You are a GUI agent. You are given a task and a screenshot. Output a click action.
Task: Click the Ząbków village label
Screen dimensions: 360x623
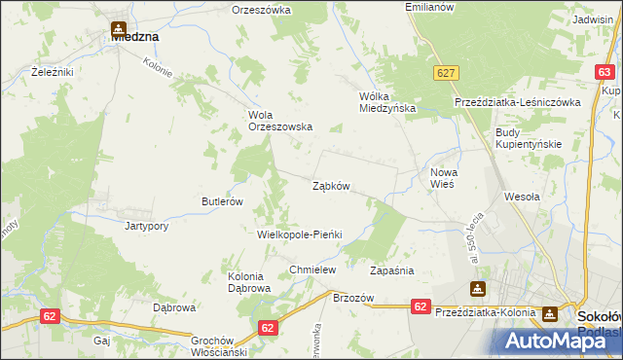[x=331, y=186]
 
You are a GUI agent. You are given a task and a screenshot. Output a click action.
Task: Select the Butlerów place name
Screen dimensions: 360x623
[x=221, y=201]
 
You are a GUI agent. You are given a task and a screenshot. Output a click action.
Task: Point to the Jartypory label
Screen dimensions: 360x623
[x=147, y=226]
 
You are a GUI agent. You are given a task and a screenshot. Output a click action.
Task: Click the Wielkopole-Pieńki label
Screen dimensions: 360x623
[x=300, y=235]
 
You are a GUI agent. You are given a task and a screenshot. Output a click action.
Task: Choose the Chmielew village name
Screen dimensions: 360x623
[x=312, y=270]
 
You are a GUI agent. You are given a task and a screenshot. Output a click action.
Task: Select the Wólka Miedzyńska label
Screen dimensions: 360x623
[x=387, y=102]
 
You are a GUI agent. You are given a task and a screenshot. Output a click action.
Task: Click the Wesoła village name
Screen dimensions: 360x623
[x=522, y=196]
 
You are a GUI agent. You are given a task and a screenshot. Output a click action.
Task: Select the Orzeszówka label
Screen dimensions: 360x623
[x=262, y=10]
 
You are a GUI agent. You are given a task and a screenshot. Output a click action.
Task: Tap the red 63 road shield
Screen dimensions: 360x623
[x=605, y=72]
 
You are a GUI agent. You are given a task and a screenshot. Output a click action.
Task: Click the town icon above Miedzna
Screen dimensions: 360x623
[x=119, y=30]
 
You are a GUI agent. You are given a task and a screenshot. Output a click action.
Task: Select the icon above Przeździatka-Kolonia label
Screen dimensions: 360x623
[x=478, y=289]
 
